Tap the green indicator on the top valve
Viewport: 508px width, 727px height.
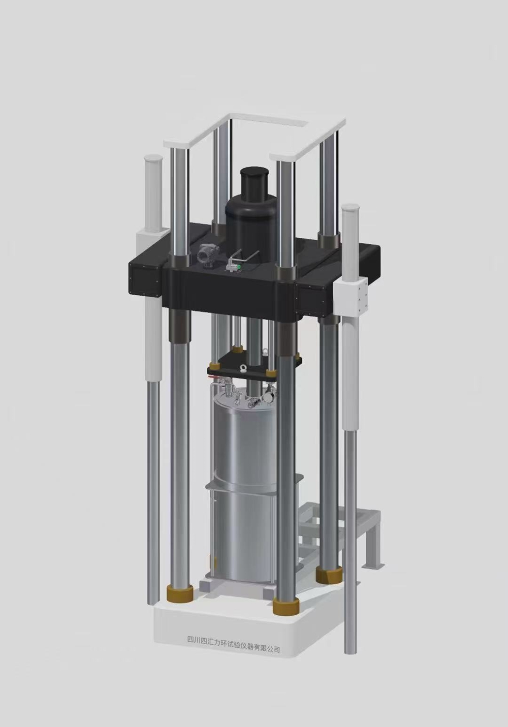click(x=239, y=267)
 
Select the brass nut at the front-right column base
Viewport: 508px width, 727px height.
click(x=286, y=606)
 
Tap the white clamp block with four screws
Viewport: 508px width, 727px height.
click(x=352, y=299)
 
